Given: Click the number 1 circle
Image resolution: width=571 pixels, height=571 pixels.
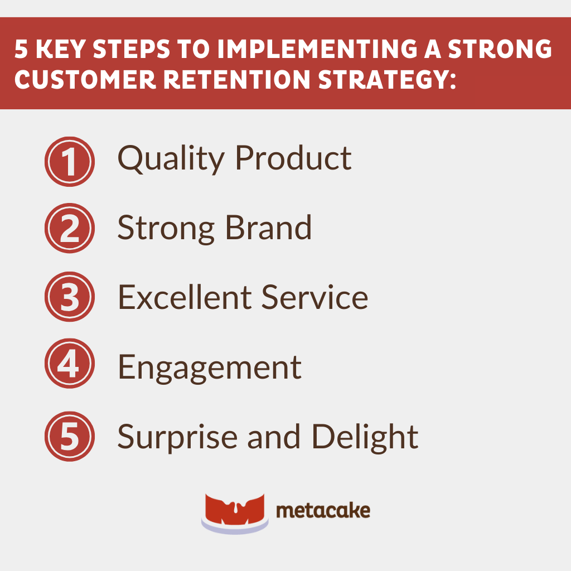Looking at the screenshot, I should pyautogui.click(x=69, y=162).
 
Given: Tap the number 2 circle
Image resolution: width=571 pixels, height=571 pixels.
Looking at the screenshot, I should pyautogui.click(x=69, y=229).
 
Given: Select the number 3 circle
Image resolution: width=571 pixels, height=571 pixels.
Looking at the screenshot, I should pyautogui.click(x=69, y=297).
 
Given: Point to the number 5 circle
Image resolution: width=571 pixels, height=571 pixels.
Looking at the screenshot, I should pyautogui.click(x=69, y=437).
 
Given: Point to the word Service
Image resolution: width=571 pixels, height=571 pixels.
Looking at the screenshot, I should pyautogui.click(x=315, y=297).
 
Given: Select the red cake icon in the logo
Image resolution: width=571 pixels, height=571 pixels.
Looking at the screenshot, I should pyautogui.click(x=234, y=512).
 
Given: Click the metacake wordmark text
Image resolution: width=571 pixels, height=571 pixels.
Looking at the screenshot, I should pyautogui.click(x=323, y=510).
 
